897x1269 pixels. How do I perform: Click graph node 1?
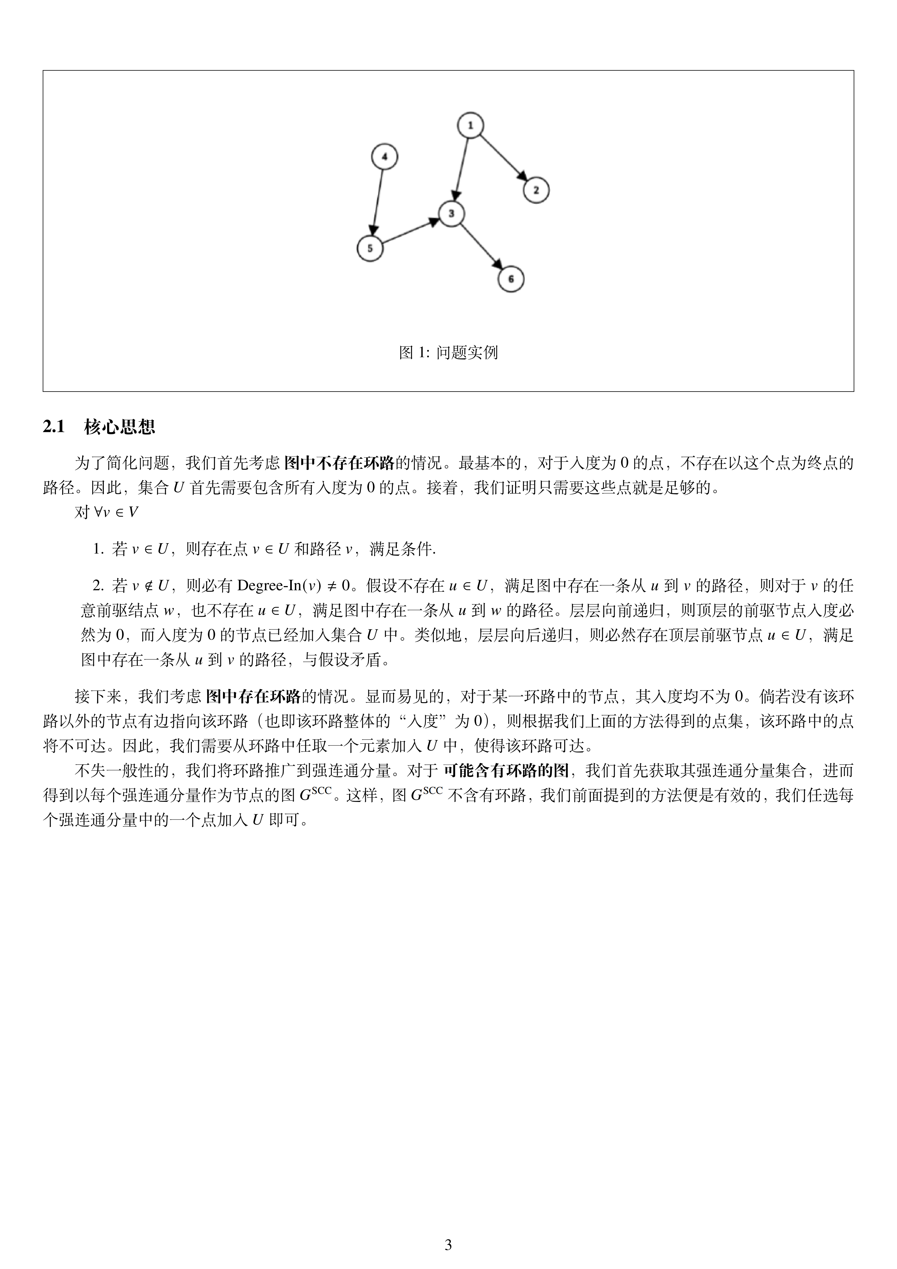(470, 125)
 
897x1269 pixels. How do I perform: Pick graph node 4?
(385, 157)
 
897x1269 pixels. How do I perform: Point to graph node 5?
(370, 248)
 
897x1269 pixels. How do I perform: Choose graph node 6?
(511, 279)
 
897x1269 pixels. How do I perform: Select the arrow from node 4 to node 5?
(378, 202)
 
